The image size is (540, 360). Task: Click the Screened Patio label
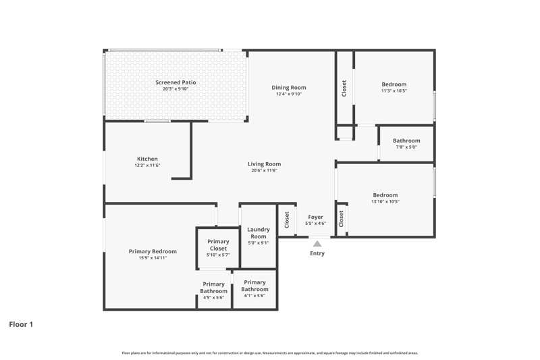[x=175, y=82]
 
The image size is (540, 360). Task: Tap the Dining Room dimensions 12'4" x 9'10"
[x=289, y=94]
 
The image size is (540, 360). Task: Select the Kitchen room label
[x=147, y=159]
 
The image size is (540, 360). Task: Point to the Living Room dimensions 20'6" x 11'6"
[x=264, y=170]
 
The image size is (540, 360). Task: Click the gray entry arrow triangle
[x=317, y=244]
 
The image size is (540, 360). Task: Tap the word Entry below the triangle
[x=317, y=253]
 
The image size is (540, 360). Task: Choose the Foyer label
[x=315, y=217]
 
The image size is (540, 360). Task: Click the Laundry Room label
[x=259, y=233]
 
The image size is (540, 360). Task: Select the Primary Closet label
[x=218, y=245]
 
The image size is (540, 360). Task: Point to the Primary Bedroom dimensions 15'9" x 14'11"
[x=153, y=258]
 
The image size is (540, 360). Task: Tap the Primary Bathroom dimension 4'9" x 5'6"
[x=213, y=298]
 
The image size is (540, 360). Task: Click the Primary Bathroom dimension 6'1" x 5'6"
[x=254, y=296]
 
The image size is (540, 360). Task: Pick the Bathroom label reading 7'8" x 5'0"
[x=406, y=140]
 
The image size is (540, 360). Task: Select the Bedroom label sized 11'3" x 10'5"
[x=394, y=84]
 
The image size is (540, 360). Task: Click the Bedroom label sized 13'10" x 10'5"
[x=385, y=195]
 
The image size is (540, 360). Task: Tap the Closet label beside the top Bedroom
[x=344, y=88]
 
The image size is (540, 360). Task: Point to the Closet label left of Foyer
[x=286, y=220]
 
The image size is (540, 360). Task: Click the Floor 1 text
[x=21, y=324]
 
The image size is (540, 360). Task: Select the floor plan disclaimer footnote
[x=270, y=353]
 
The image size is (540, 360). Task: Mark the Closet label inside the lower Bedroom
[x=341, y=219]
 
